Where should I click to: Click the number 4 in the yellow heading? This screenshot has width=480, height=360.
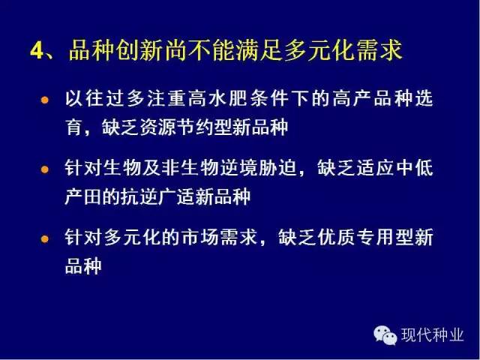pos(37,50)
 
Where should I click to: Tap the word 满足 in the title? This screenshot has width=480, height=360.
pos(258,50)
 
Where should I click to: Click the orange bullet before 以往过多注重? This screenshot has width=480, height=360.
pos(45,100)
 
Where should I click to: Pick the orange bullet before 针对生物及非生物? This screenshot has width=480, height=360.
pos(45,169)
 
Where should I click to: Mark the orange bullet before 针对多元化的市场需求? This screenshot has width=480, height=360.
pos(45,238)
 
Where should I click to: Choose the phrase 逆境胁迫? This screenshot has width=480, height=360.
pos(258,168)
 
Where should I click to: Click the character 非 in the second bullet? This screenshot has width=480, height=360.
pos(171,168)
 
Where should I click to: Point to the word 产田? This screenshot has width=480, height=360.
pos(82,196)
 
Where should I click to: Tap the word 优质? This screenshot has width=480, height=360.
pos(337,237)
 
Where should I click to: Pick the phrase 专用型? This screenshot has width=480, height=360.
pos(385,237)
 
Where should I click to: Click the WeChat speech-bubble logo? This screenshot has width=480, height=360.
pos(385,335)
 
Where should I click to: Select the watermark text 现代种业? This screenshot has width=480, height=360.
pos(432,335)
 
